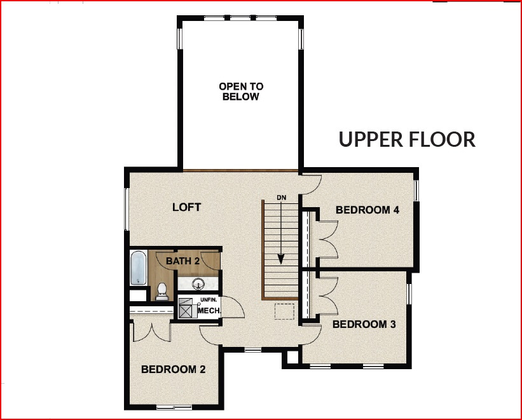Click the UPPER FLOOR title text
coord(406,139)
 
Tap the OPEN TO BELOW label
coord(240,91)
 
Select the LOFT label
coord(187,207)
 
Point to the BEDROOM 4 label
coord(367,210)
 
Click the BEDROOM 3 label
coord(364,324)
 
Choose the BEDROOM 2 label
coord(173,369)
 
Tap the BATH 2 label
coord(183,261)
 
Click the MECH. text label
coord(209,311)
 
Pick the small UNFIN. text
coord(210,300)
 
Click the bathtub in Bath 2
coord(139,268)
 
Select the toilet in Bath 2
coord(161,292)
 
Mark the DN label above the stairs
coord(282,198)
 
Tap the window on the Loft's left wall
coord(127,210)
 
